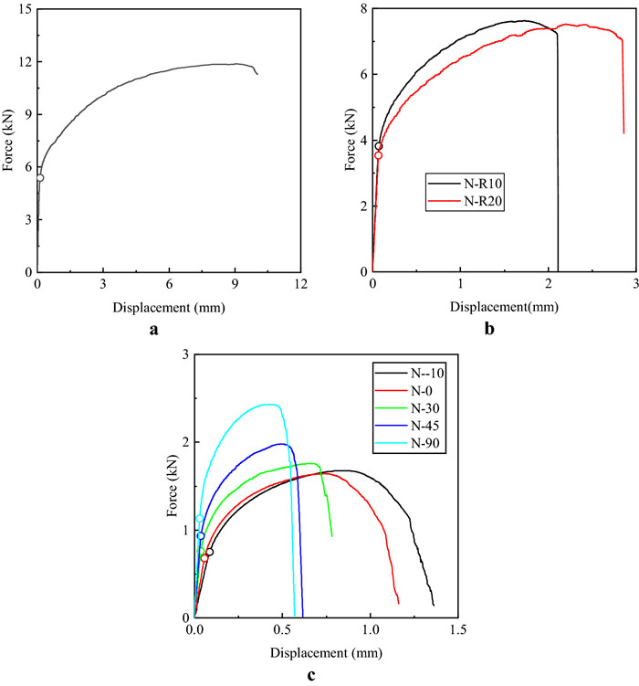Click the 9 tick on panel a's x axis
tap(236, 284)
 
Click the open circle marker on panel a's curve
tap(39, 177)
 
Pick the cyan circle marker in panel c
tap(199, 519)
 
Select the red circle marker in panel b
tap(378, 155)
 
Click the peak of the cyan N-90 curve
tap(269, 404)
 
